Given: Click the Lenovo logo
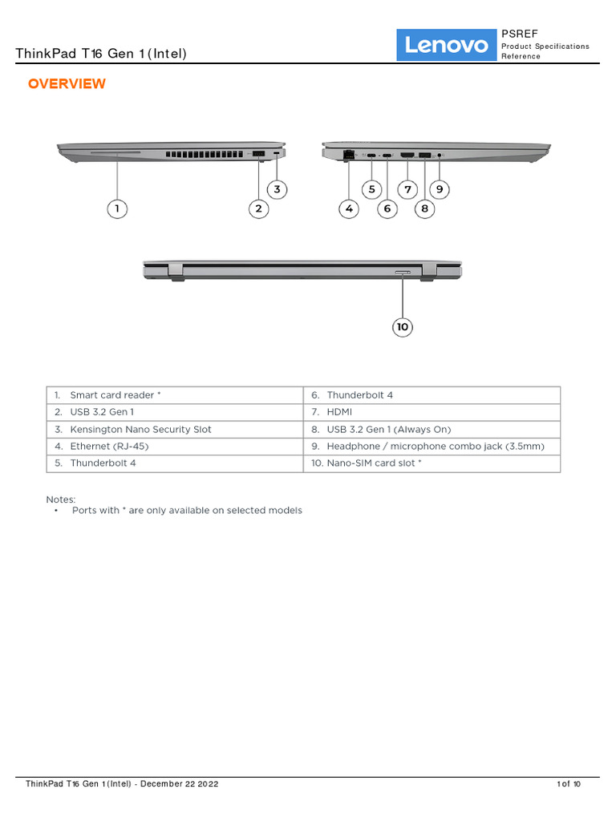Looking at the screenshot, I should [447, 45].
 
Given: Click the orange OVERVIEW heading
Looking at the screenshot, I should [67, 84].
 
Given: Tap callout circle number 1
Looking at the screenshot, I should [117, 208].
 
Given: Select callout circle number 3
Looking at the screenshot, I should [277, 189].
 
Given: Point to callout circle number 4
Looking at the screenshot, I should [348, 208].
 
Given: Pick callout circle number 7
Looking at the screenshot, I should [407, 189].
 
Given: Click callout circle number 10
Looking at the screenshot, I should [403, 326].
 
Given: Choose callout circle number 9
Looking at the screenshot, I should [440, 189].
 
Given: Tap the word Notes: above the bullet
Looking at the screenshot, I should [61, 499].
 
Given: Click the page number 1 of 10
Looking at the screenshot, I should [568, 783].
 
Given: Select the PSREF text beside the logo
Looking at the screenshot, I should [520, 34].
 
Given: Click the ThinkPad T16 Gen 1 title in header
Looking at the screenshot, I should [101, 54].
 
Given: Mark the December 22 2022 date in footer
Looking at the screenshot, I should [179, 783].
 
